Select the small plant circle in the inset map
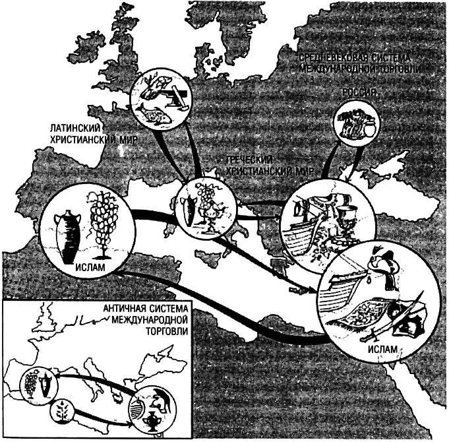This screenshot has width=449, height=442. [x=63, y=416]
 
